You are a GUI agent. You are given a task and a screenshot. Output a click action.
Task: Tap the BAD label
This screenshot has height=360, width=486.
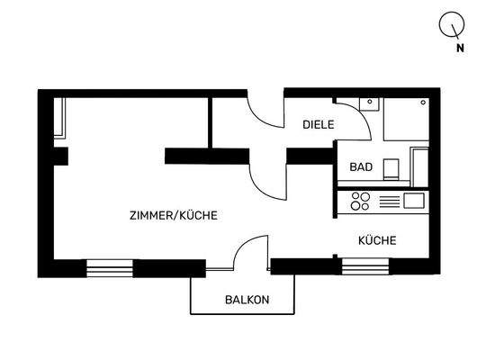(x=361, y=167)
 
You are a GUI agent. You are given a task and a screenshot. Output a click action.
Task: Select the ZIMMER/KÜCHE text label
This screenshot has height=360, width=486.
(x=174, y=215)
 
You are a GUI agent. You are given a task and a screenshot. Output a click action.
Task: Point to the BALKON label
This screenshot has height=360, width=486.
(x=247, y=301)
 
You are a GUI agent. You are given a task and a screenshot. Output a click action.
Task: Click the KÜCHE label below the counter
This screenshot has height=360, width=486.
(x=377, y=240)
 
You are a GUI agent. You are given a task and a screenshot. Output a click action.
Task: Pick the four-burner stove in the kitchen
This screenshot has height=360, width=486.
(x=360, y=201)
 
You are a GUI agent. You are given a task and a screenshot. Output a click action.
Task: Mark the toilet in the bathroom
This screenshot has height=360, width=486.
(x=390, y=168)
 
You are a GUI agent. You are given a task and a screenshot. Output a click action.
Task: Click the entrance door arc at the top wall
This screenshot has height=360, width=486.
(x=265, y=113)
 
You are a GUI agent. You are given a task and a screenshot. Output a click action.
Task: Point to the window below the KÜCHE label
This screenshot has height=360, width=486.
(x=364, y=266)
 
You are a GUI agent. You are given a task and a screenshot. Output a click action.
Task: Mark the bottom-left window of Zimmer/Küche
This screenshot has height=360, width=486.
(x=109, y=266)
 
